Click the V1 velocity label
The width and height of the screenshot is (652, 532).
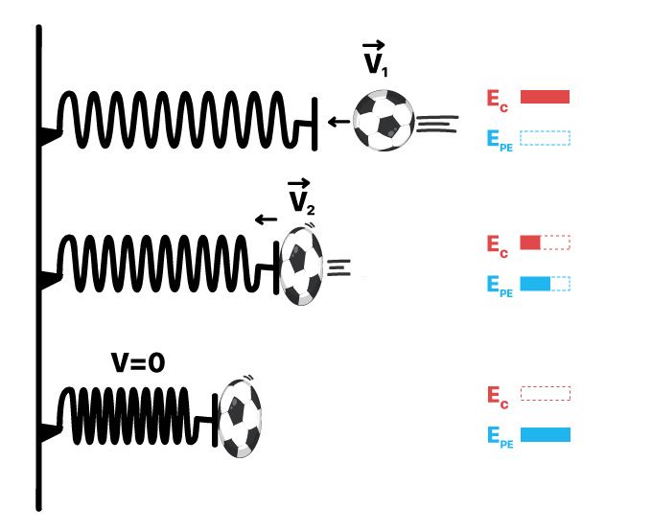pos(374,59)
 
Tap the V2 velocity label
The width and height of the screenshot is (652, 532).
pos(300,197)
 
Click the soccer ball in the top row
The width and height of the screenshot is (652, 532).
pos(384,122)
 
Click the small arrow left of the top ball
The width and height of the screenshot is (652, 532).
pos(338,122)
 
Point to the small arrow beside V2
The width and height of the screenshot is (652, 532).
pos(266,220)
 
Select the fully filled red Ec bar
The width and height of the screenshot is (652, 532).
pos(545,96)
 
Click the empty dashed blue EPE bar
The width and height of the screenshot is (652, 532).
pos(545,138)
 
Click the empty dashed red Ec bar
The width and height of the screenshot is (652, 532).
pos(545,393)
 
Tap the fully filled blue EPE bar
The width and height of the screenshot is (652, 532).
pos(545,435)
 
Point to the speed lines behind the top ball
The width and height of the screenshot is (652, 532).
pos(433,122)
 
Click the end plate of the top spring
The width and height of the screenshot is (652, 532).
pos(314,122)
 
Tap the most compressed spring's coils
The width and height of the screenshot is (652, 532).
pos(125,415)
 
